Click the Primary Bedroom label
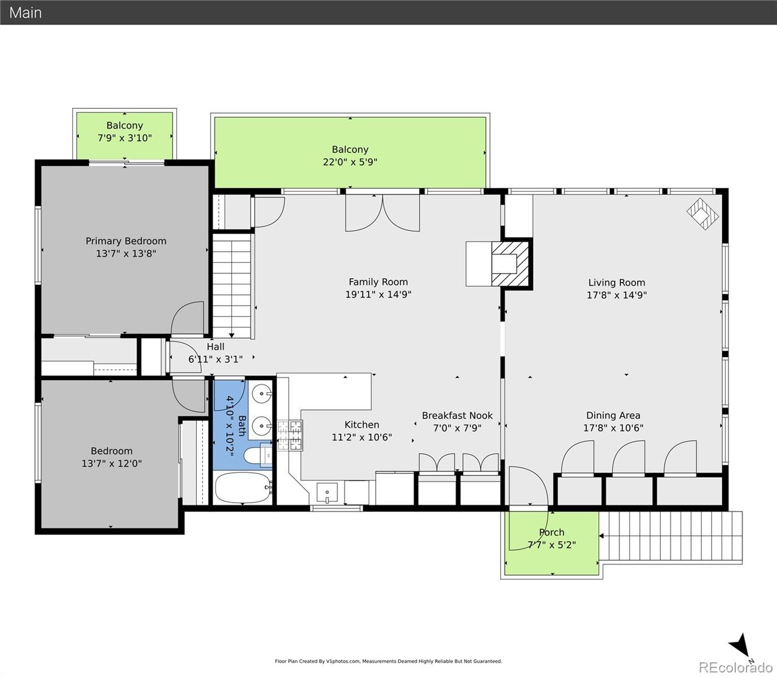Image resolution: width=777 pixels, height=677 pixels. pos(126,241)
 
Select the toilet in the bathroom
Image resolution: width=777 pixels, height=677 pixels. pos(258,455)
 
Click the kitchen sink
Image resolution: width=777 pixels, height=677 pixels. pos(327,493)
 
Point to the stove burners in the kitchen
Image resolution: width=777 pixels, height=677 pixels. pos(290,435)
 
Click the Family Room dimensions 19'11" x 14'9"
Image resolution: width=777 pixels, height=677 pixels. pos(378,294)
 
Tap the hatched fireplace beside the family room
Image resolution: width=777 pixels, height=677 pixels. pos(510,263)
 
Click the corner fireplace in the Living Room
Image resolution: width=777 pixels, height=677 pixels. pos(703,214)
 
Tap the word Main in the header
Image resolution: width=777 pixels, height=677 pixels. pos(25,13)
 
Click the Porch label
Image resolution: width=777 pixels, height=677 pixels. pos(552,533)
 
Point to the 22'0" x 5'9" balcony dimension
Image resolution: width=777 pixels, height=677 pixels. pos(350,162)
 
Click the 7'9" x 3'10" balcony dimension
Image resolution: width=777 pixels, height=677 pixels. pos(125,138)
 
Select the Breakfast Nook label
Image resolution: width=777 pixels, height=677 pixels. pos(457,415)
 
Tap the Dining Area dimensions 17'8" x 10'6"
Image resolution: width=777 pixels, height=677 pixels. pos(613,428)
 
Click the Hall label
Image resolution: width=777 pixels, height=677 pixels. pos(216,346)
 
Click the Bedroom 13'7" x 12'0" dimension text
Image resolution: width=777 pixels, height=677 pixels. pos(112,463)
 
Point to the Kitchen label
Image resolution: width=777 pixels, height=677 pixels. pos(362,424)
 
